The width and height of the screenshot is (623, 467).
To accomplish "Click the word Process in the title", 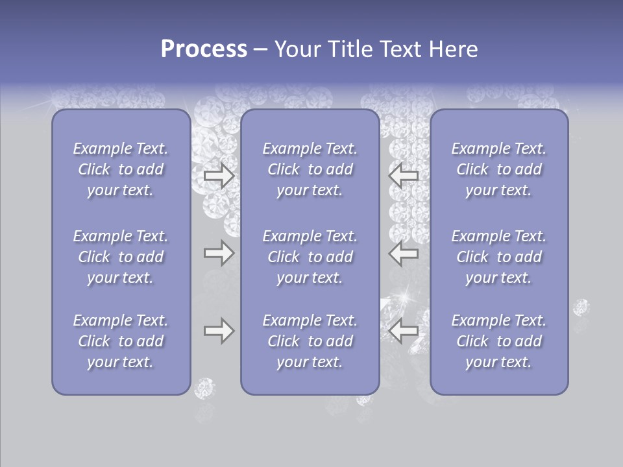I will [x=204, y=49].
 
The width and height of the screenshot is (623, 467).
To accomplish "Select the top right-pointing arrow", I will [x=219, y=176].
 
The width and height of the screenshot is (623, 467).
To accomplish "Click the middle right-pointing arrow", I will [x=219, y=253].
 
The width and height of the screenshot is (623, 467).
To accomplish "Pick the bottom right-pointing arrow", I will [x=219, y=331].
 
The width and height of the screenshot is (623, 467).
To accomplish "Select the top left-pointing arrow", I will [x=403, y=176].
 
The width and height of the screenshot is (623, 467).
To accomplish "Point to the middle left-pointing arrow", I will [x=403, y=253].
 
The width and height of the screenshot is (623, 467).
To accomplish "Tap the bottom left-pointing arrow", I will [x=403, y=331].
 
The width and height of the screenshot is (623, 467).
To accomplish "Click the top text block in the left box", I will [x=121, y=169].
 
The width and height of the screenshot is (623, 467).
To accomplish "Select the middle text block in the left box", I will [x=121, y=257].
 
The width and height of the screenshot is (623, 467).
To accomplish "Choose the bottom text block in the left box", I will [x=121, y=341].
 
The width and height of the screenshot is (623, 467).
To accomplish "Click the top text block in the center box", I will [x=310, y=169].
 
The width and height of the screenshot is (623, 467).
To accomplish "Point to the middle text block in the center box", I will [x=310, y=257].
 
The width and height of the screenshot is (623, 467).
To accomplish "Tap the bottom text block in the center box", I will [x=310, y=341].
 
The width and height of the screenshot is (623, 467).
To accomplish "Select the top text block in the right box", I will [x=499, y=169].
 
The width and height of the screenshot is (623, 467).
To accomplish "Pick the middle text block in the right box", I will [x=499, y=257].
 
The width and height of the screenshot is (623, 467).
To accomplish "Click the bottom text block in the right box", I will [x=499, y=341].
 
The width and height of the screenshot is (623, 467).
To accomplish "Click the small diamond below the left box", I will [x=204, y=388].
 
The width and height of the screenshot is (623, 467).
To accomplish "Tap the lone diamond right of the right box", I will [x=581, y=307].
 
